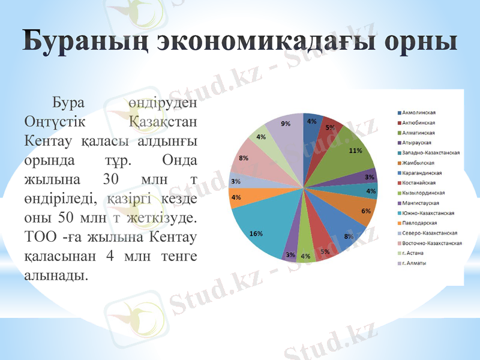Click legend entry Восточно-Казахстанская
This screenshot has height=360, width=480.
(432, 243)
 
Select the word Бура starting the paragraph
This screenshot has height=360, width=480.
(69, 103)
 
